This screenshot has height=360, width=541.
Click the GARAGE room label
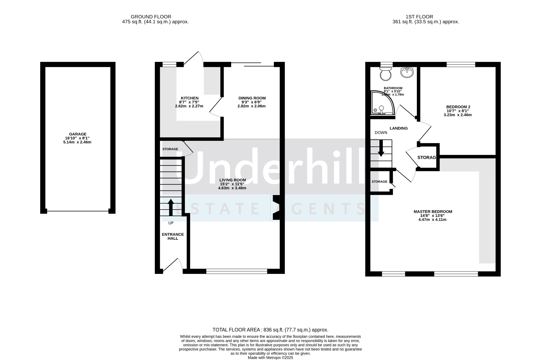click(78, 134)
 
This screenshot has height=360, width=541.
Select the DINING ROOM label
click(252, 98)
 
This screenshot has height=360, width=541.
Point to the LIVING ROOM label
click(232, 180)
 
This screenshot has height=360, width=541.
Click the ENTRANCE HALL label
click(173, 236)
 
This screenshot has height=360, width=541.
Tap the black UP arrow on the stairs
click(171, 207)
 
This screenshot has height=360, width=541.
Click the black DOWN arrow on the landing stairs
click(381, 148)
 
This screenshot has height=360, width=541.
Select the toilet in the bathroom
click(385, 73)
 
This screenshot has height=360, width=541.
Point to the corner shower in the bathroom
click(383, 103)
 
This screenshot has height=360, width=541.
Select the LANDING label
click(399, 128)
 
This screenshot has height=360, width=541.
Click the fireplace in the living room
click(275, 207)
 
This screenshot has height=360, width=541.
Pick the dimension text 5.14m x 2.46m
click(77, 142)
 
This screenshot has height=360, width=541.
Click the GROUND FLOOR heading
click(151, 17)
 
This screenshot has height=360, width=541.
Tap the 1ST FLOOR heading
click(419, 17)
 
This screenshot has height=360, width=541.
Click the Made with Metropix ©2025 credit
click(270, 358)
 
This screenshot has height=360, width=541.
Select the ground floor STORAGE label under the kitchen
click(170, 149)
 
